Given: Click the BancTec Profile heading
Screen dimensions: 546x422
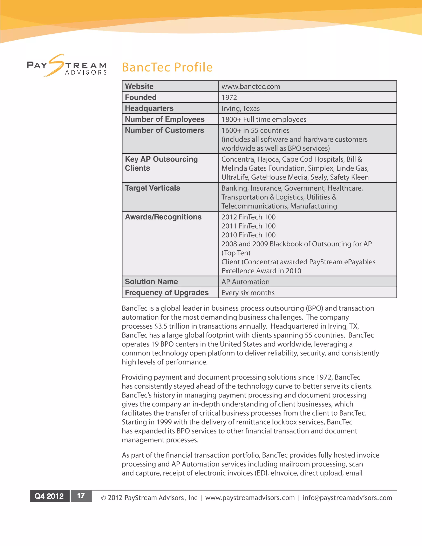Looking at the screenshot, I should pos(167,67).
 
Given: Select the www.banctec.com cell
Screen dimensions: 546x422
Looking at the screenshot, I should pos(251,87).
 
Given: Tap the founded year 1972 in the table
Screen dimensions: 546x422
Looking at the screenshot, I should pos(229,97).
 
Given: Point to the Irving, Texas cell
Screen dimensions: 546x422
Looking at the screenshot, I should pos(240,109).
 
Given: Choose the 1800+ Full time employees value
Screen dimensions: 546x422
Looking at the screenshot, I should pos(264,120).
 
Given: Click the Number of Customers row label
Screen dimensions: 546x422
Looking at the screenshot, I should pos(164,130).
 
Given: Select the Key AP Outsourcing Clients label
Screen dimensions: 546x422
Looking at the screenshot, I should pos(161,164).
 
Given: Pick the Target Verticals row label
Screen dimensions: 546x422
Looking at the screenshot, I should pos(152,188).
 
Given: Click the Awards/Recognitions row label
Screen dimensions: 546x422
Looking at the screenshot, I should pos(163,217).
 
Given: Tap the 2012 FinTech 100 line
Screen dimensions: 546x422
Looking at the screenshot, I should pos(249,217).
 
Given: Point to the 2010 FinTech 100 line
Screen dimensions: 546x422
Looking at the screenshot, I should pos(249,235).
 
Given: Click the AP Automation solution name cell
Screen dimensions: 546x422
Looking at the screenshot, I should pos(245,282).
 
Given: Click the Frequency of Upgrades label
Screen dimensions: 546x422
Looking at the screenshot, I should pos(166,293).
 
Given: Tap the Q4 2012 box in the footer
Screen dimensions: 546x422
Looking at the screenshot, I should pos(49,496).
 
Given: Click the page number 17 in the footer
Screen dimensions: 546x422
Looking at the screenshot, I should pos(81,496).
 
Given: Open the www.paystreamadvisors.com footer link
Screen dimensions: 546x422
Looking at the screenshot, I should pos(250,498).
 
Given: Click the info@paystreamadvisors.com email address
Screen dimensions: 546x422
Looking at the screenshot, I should pos(347,498).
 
